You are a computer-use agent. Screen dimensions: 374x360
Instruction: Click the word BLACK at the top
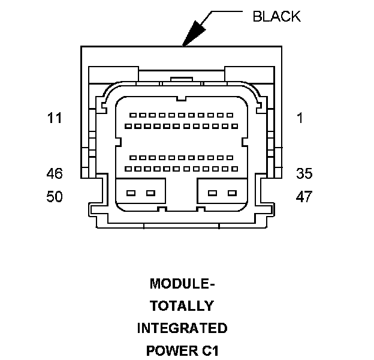point(276,16)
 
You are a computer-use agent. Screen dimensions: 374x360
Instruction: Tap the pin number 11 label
point(55,118)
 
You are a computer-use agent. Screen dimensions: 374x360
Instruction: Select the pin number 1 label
point(300,118)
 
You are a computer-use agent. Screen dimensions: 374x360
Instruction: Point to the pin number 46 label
point(55,173)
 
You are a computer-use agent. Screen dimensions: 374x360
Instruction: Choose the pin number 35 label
point(304,173)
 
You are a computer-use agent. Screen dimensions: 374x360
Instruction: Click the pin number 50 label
point(55,196)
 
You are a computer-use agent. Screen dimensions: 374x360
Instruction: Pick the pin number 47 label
point(304,196)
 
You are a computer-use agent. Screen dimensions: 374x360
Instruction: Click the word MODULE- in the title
point(182,284)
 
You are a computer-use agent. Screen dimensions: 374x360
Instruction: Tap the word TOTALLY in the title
point(182,306)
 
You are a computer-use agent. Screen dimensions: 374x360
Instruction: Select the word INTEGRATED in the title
point(182,328)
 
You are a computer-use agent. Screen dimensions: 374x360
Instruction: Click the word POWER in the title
point(172,350)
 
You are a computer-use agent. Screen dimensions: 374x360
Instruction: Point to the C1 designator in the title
point(210,350)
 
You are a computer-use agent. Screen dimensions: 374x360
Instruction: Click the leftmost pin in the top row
point(133,115)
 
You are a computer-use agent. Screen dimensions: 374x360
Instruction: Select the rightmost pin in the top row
point(230,115)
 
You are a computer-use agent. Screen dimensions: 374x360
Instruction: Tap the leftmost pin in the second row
point(128,126)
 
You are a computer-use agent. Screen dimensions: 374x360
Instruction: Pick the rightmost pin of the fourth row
point(235,169)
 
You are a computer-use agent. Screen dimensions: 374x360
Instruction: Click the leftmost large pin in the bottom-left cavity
point(131,193)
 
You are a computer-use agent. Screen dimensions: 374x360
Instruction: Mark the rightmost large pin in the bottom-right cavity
point(232,193)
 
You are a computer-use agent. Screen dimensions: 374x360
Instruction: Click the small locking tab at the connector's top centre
point(181,79)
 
